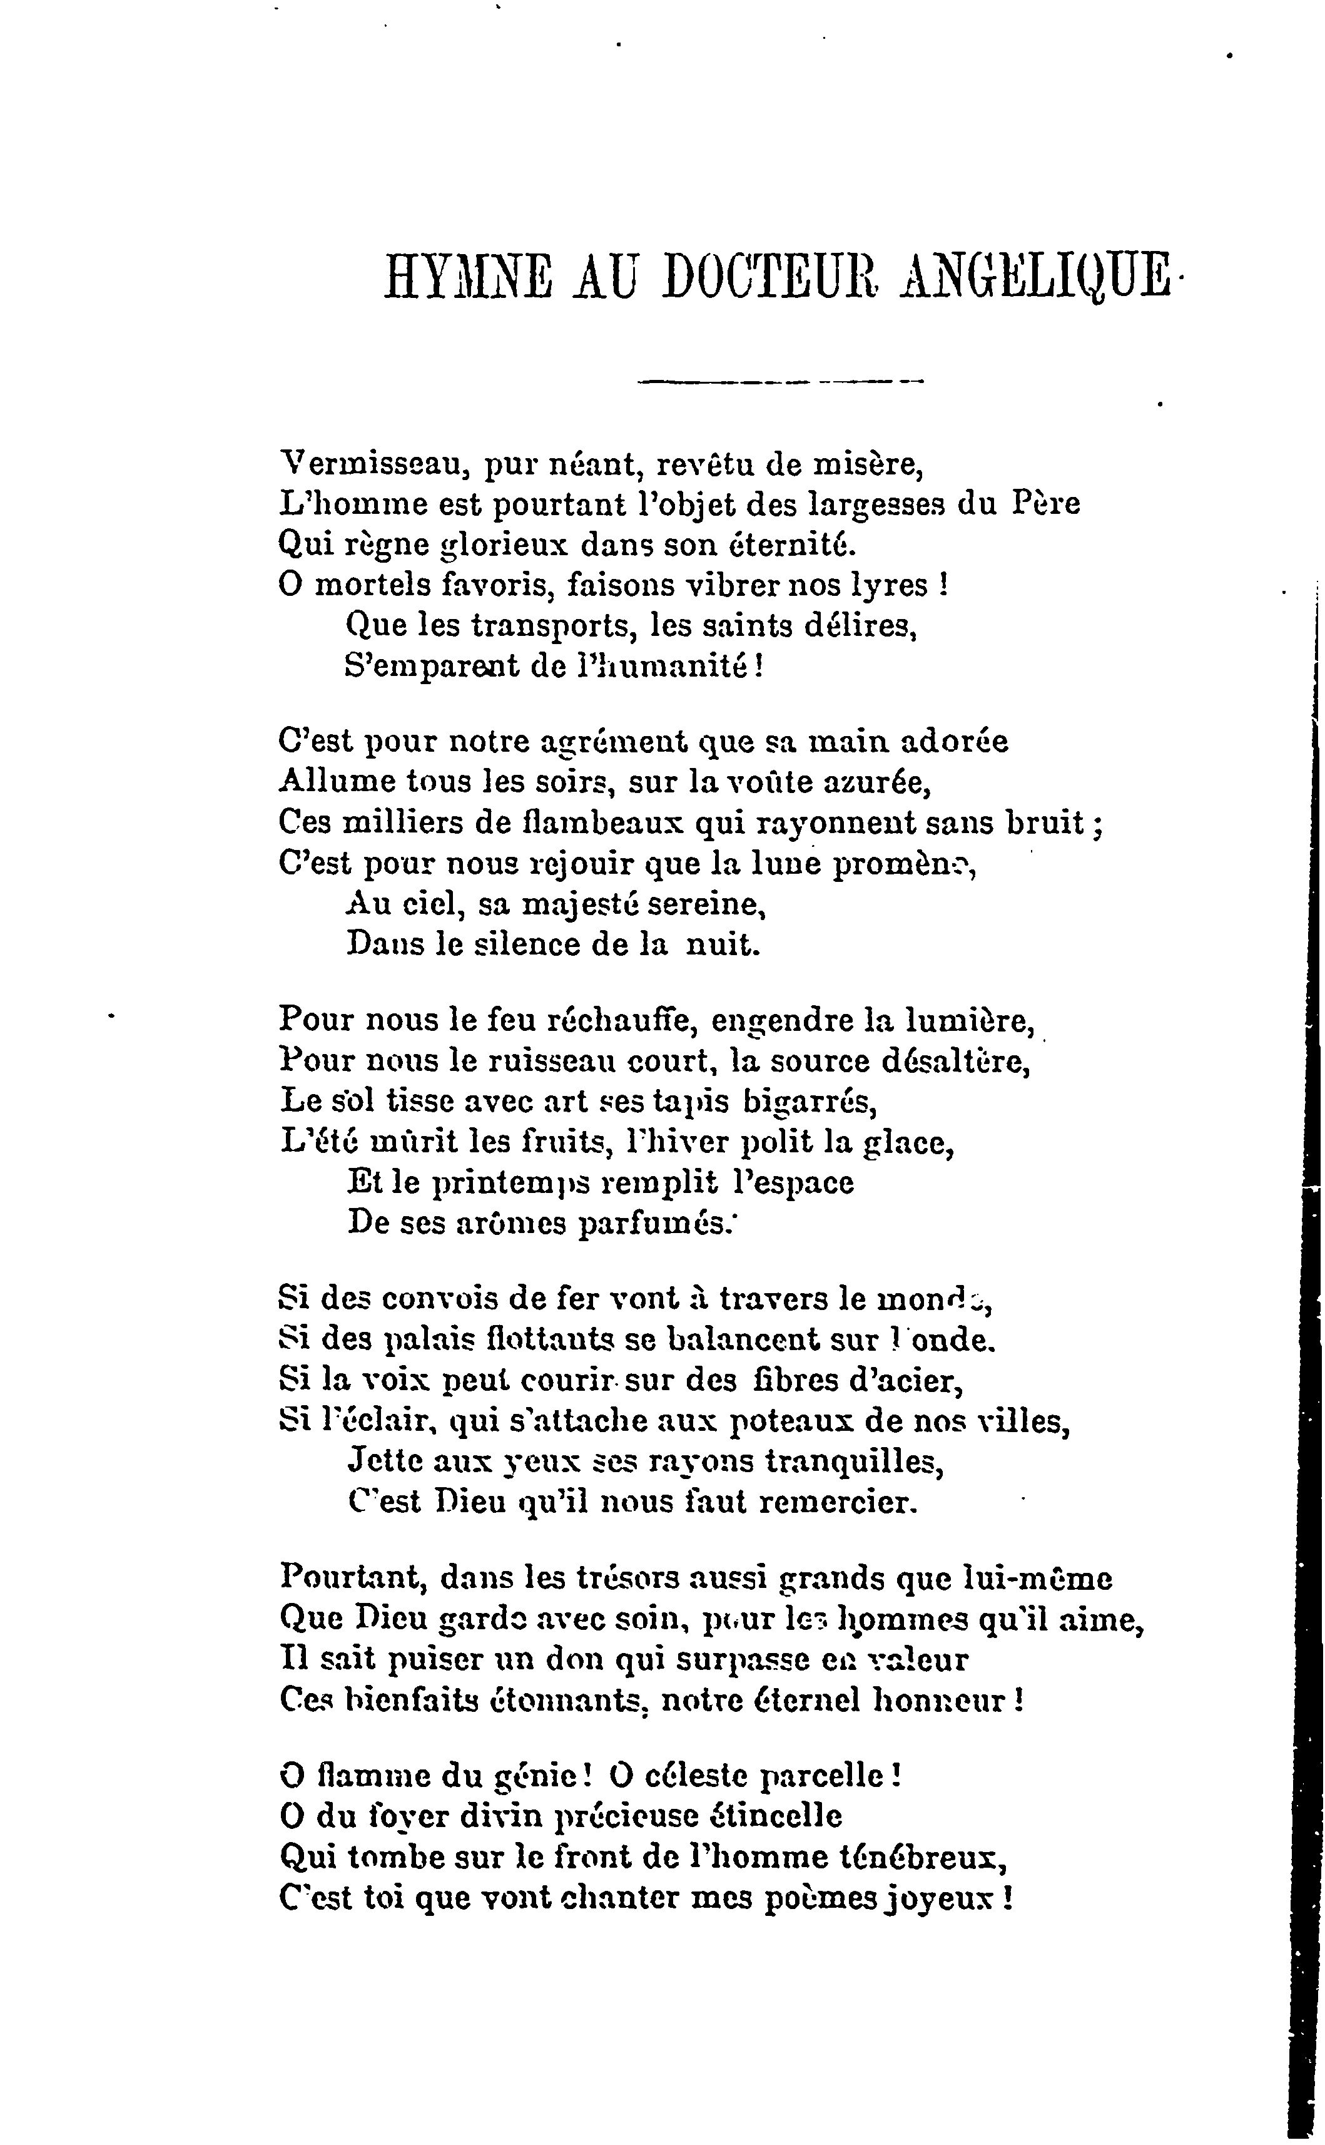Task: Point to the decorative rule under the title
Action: pos(781,381)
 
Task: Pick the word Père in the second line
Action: pos(1047,504)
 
